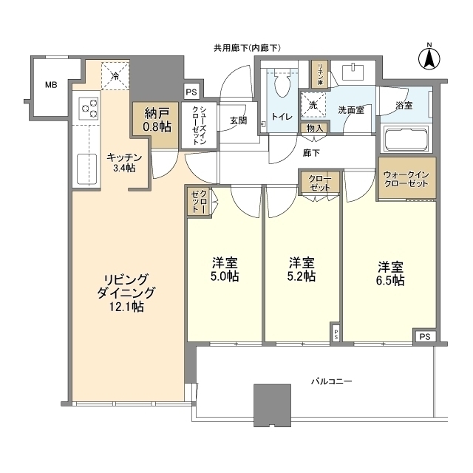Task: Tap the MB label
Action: point(50,85)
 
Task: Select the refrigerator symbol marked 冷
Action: point(115,75)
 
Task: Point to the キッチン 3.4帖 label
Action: point(120,163)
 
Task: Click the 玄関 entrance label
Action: point(237,120)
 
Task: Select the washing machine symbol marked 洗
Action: point(313,106)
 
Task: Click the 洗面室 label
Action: point(350,109)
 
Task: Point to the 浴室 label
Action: point(404,106)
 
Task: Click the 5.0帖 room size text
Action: point(224,277)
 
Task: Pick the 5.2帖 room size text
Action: point(302,277)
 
